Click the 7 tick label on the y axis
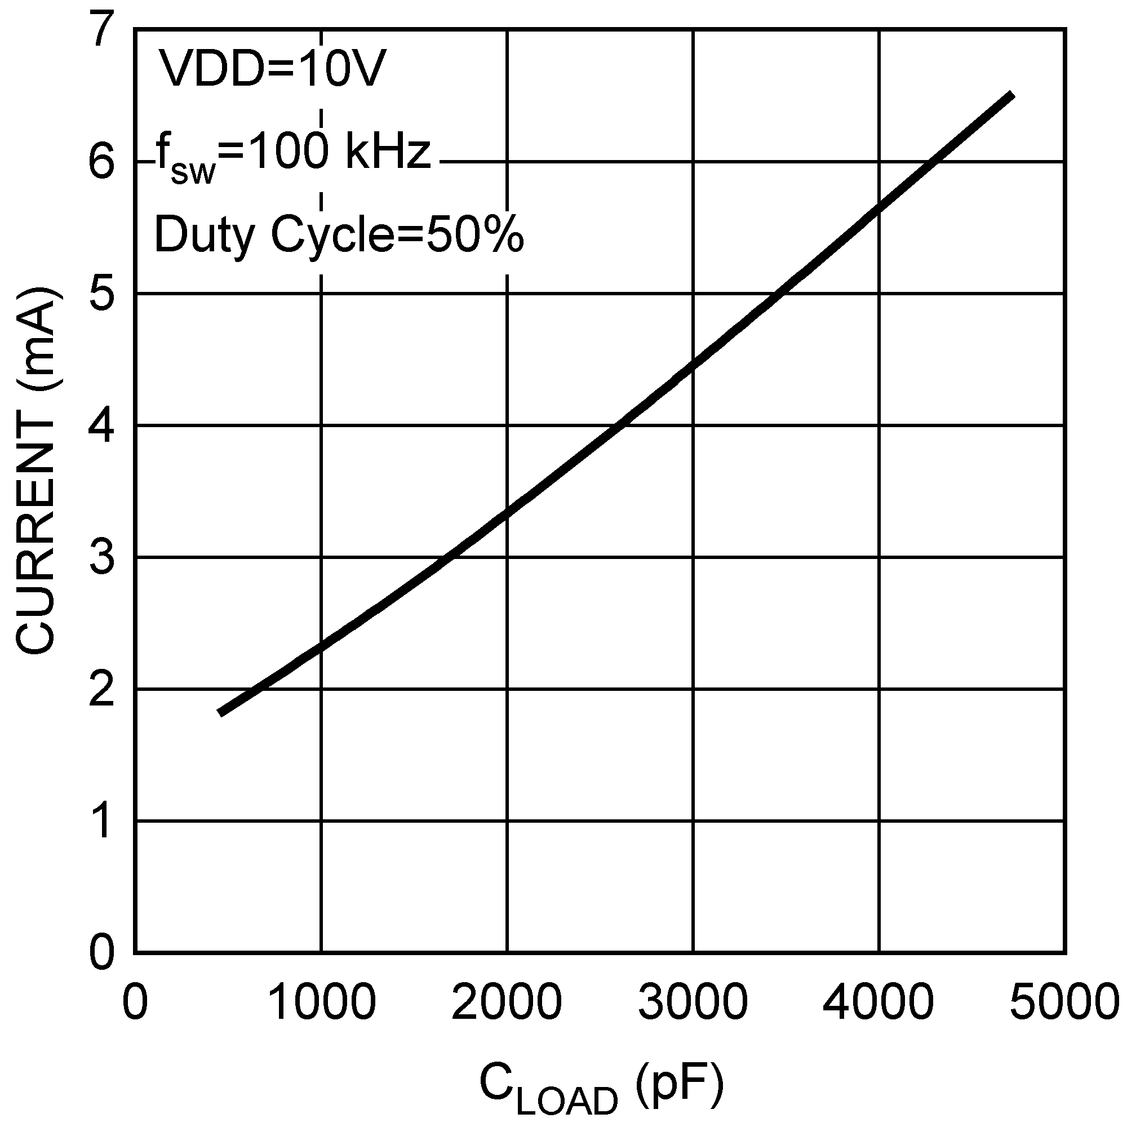(101, 30)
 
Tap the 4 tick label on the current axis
(101, 426)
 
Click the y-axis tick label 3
(101, 558)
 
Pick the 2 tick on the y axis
(101, 689)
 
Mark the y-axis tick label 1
(101, 822)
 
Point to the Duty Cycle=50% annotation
(339, 235)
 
